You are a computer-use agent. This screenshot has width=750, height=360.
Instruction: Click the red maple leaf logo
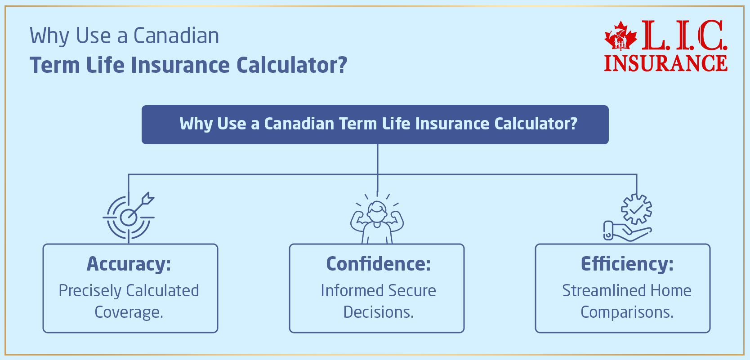[621, 36]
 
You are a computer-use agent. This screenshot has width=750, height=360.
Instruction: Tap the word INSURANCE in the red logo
[665, 63]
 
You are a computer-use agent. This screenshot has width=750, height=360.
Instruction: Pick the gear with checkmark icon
[636, 209]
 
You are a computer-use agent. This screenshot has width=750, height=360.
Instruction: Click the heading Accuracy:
[129, 264]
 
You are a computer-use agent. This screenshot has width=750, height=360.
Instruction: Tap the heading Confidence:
[378, 264]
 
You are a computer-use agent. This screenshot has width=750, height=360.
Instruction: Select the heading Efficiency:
[627, 264]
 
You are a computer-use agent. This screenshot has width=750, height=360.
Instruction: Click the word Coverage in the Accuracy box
[128, 312]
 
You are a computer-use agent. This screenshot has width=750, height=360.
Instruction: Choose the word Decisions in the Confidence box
[377, 312]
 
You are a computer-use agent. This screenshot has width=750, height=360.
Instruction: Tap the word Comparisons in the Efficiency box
[626, 312]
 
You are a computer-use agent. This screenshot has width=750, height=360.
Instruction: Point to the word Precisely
[85, 291]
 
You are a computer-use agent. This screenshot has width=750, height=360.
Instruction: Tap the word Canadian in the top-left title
[176, 36]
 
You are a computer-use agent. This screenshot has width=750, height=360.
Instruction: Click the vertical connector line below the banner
[378, 160]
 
